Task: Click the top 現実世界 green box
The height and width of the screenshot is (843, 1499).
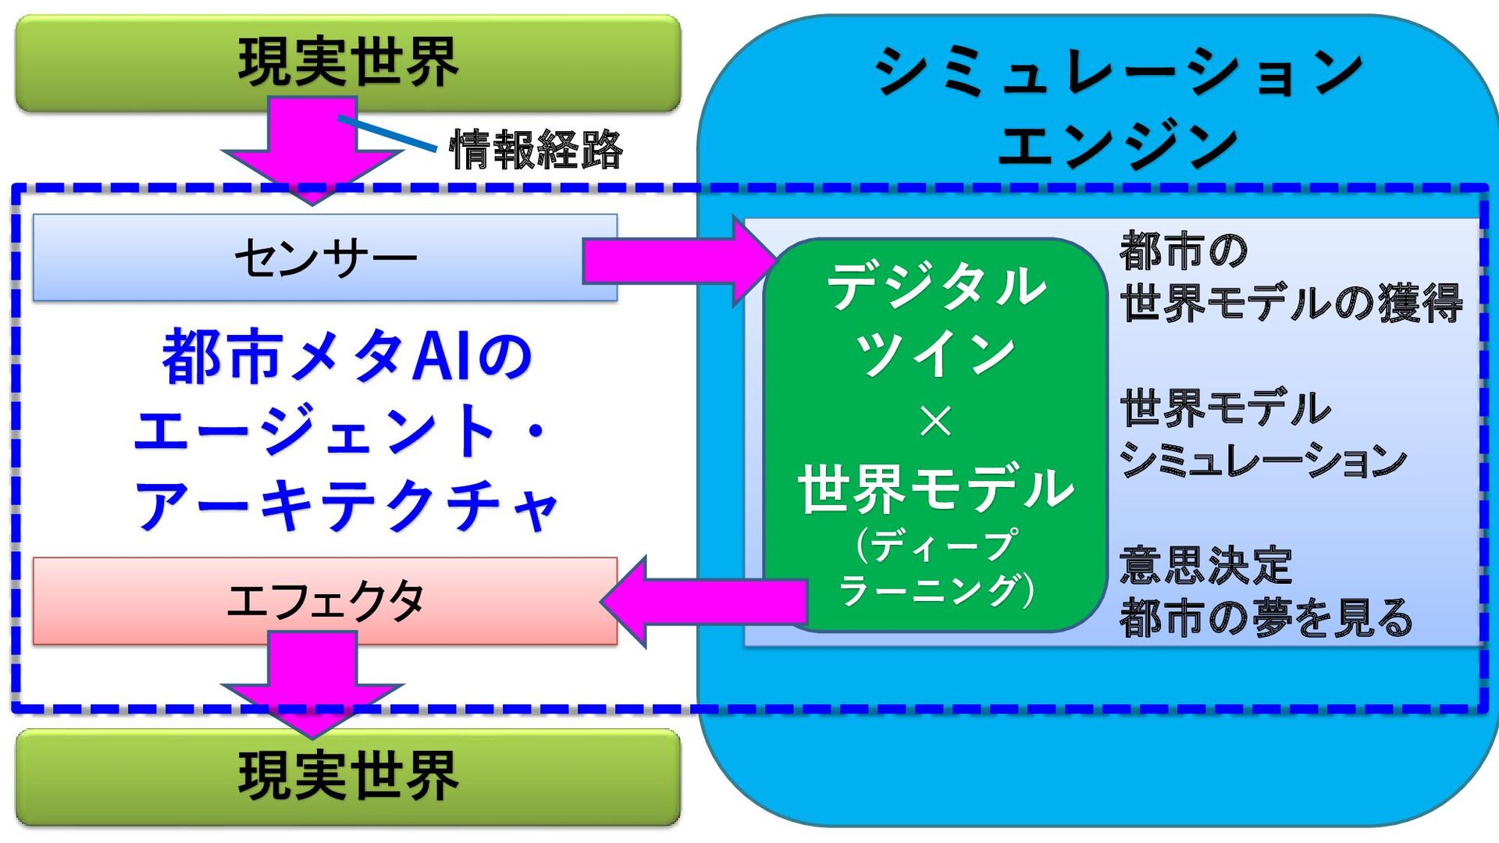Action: coord(347,62)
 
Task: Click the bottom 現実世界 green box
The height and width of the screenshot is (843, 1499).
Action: coord(347,777)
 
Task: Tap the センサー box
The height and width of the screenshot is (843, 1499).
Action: coord(325,258)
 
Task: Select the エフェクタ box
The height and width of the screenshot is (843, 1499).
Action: coord(325,601)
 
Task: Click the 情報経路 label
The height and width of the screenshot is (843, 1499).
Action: coord(536,150)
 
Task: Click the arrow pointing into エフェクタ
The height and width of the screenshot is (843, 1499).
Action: coord(703,602)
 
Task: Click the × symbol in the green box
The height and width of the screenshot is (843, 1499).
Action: coord(935,421)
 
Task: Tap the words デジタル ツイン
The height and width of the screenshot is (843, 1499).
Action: coord(935,320)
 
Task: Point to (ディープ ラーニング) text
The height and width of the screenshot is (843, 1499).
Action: coord(935,566)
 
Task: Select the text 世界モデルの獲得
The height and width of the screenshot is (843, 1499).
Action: coord(1291,303)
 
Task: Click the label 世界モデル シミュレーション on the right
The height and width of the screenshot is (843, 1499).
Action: coord(1262,434)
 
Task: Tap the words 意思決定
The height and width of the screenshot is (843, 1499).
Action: coord(1205,565)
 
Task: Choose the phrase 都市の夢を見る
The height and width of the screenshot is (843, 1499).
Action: coord(1266,617)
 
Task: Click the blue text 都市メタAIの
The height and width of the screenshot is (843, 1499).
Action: coord(347,357)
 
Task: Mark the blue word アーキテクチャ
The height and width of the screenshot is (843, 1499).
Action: coord(347,506)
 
